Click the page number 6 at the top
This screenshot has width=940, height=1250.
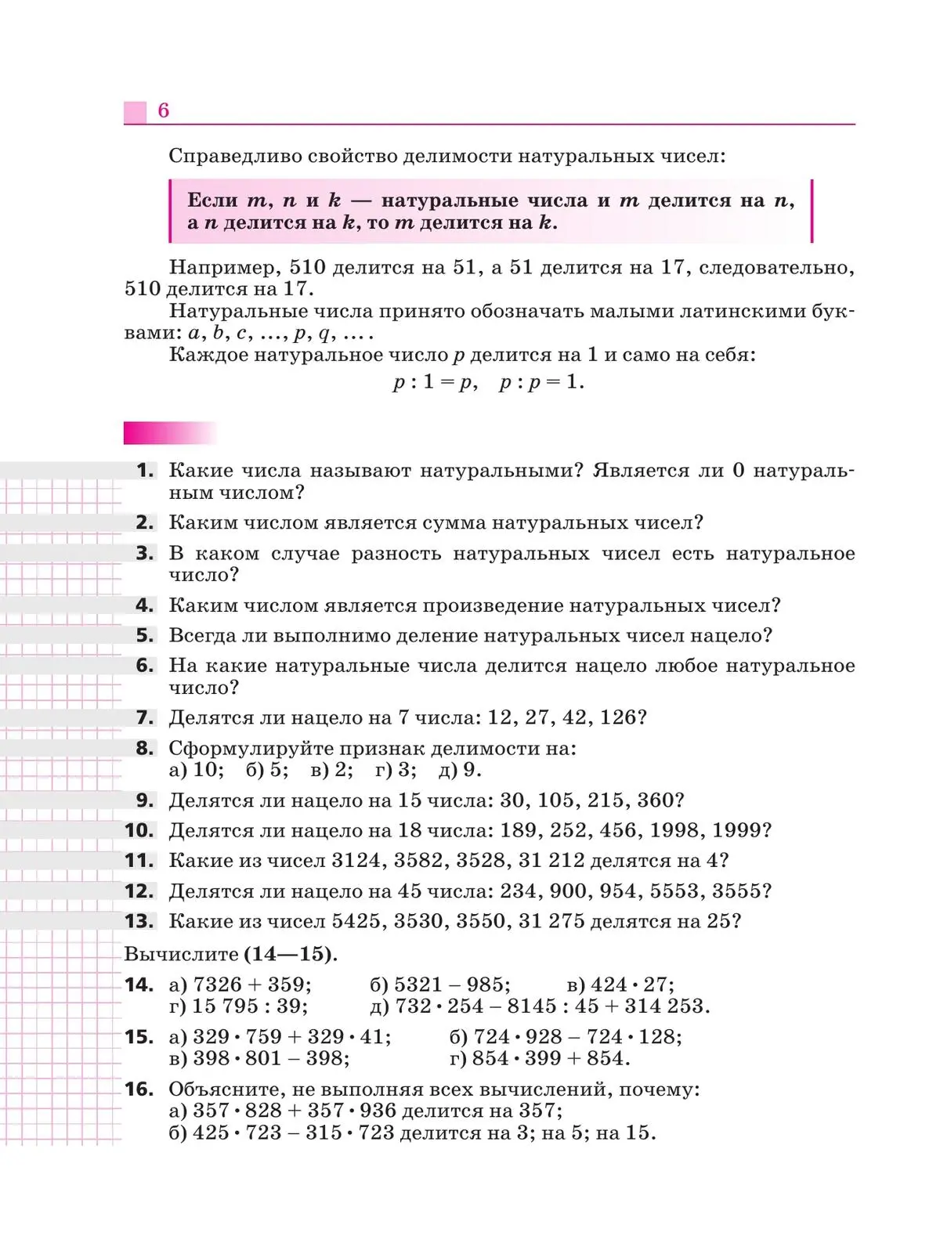163,110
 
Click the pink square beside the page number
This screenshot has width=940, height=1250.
135,112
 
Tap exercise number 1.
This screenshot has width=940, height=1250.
145,470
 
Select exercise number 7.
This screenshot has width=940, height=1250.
145,717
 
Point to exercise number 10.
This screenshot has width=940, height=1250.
139,830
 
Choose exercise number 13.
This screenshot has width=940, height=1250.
139,921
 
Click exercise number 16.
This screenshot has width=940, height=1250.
139,1089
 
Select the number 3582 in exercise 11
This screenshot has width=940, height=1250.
423,861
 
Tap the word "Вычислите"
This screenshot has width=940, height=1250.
181,955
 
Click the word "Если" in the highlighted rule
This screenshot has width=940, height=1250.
211,201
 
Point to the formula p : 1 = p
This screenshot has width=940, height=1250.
435,383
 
